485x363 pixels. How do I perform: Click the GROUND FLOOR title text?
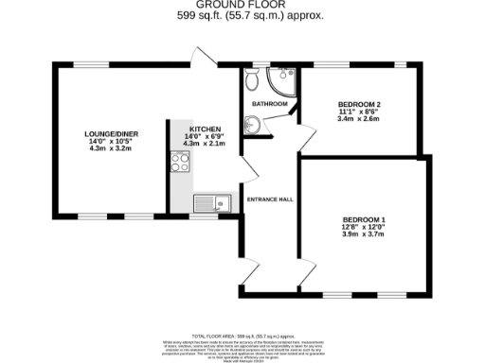pos(242,6)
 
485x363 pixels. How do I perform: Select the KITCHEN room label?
pos(205,129)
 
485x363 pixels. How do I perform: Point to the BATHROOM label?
pos(268,103)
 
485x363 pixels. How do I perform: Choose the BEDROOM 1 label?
pos(364,219)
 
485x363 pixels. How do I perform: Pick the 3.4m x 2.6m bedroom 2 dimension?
pos(360,120)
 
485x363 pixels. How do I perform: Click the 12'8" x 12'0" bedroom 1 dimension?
pos(364,228)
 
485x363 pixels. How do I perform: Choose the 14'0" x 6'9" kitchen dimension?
pos(205,136)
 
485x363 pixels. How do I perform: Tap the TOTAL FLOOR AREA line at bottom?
pos(242,337)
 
